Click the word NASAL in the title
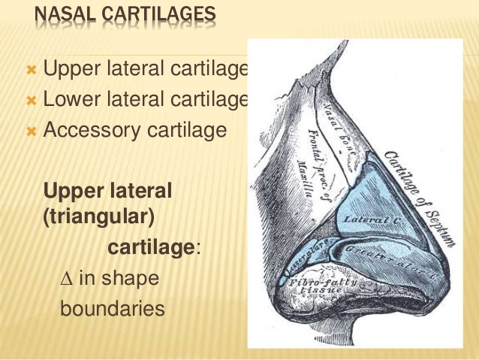(x=63, y=14)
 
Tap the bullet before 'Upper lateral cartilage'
(x=31, y=71)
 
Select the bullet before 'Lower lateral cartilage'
(x=31, y=100)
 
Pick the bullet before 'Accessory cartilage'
(x=31, y=130)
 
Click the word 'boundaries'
(x=112, y=308)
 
